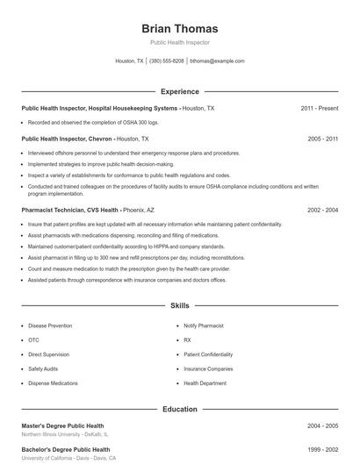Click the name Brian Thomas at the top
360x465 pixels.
(179, 28)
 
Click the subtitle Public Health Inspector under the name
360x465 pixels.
(179, 42)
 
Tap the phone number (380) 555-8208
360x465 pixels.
(167, 61)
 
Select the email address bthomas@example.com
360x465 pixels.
(217, 61)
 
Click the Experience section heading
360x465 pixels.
(179, 91)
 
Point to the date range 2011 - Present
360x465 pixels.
(319, 108)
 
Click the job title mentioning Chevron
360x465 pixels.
(67, 139)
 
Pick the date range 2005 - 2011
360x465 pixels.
(323, 139)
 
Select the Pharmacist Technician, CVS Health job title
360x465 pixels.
(70, 211)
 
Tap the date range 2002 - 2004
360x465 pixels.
(323, 211)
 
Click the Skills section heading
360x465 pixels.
(179, 306)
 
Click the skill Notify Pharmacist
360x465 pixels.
(205, 325)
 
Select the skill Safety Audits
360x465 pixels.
(43, 368)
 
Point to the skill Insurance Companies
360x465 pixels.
(208, 368)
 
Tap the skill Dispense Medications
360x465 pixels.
(53, 383)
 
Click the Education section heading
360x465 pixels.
(179, 409)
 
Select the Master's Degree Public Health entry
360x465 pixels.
(64, 426)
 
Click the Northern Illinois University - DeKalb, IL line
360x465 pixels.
(65, 434)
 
